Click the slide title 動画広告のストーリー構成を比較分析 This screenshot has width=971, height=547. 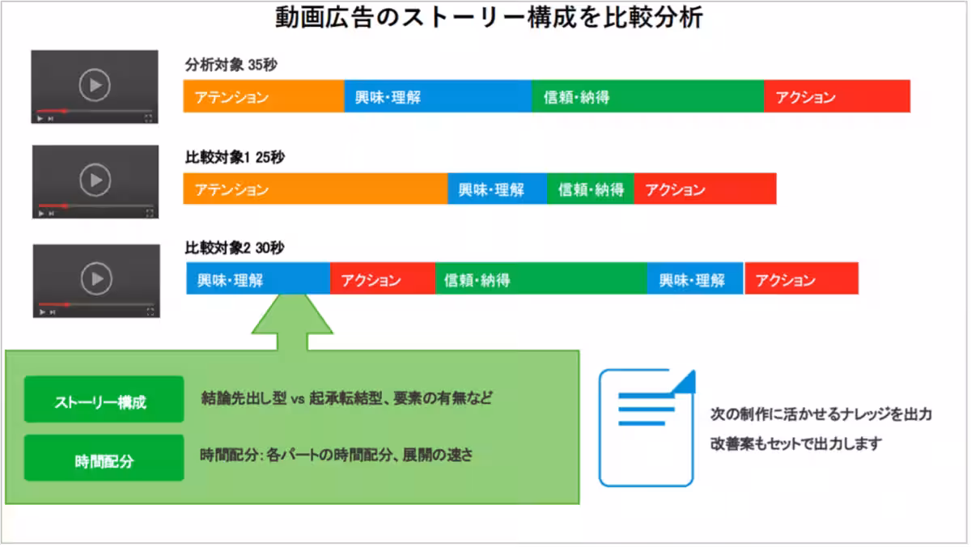tap(485, 18)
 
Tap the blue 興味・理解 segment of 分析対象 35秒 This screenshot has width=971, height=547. tap(438, 97)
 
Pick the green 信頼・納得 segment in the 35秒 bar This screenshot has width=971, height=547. tap(647, 97)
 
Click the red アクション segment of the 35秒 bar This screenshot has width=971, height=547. tap(837, 97)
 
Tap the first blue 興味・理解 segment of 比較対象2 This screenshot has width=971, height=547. tap(257, 280)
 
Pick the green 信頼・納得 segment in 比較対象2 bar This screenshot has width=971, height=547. tap(541, 280)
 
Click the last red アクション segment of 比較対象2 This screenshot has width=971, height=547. tap(801, 280)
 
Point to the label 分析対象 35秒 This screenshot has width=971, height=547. tap(231, 66)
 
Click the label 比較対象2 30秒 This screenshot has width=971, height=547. tap(235, 248)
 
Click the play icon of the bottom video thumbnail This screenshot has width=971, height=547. tap(96, 279)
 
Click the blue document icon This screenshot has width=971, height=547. tap(646, 427)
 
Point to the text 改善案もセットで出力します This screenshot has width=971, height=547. tap(795, 444)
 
